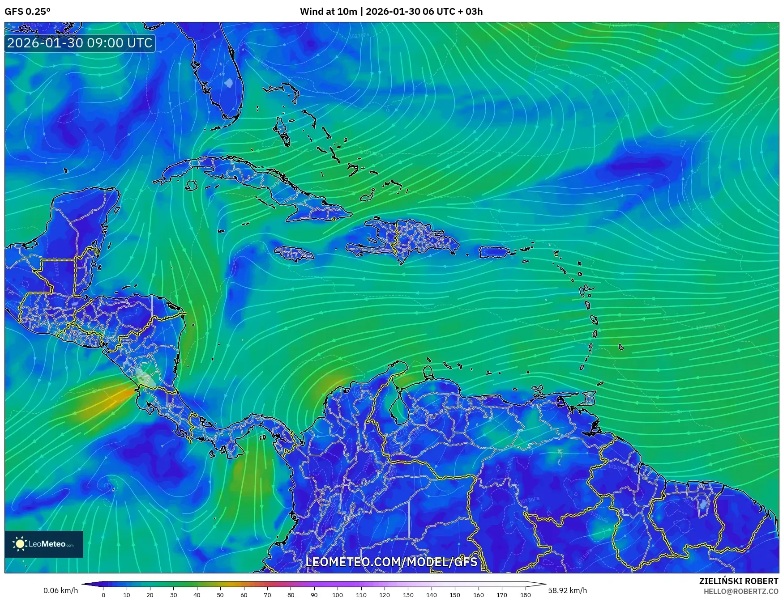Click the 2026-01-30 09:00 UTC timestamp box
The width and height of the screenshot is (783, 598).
80,43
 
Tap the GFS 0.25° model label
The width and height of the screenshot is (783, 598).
27,12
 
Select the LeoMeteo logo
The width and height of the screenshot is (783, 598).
44,544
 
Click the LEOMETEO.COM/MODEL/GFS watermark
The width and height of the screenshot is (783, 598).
391,562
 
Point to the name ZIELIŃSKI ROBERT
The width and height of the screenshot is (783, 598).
739,581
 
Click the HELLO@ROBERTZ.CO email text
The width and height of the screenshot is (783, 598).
741,591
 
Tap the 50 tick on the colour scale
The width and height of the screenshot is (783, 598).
220,595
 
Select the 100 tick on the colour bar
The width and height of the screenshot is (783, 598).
338,595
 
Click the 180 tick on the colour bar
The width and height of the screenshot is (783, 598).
525,595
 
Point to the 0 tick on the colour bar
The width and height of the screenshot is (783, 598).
103,595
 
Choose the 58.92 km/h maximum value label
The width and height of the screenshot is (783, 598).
567,590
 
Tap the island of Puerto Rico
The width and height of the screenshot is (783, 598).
494,252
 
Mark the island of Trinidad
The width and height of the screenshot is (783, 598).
590,398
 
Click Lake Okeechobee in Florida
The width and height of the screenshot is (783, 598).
229,83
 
